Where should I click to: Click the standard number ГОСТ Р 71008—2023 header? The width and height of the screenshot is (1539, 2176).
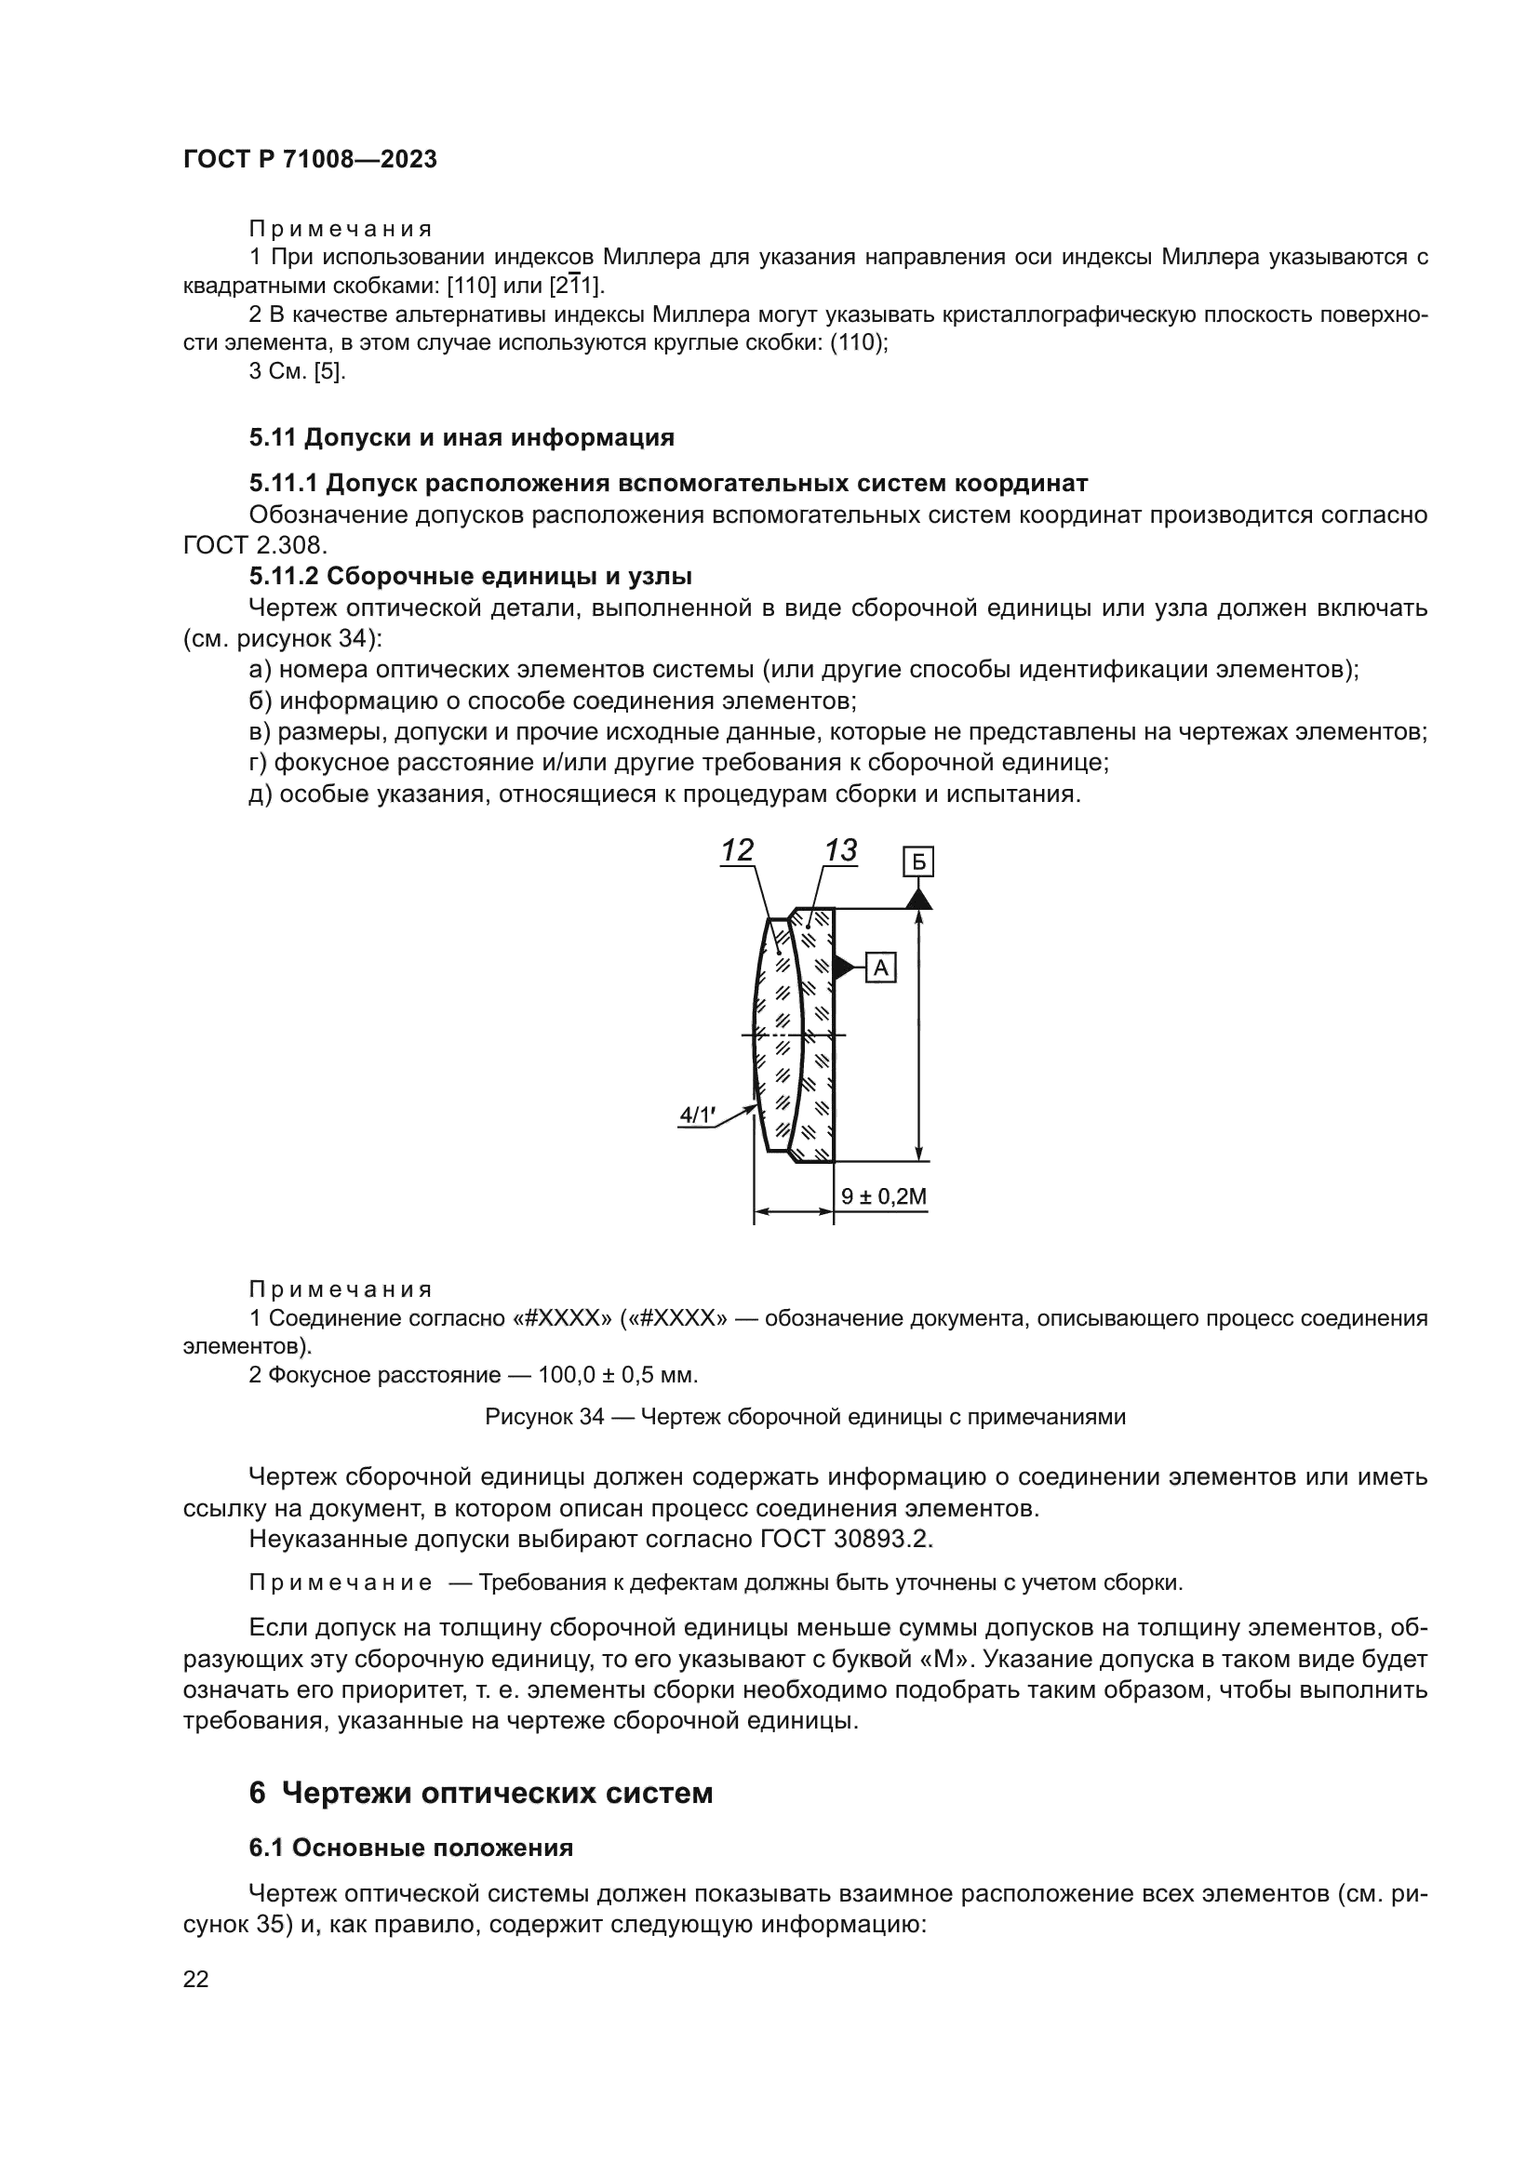(310, 159)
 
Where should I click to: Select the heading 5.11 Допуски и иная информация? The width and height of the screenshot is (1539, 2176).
(462, 437)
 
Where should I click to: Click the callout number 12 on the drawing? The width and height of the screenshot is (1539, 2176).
(737, 850)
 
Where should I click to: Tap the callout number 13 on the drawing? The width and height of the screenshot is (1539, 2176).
(840, 850)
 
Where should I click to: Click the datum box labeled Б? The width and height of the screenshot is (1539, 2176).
(918, 862)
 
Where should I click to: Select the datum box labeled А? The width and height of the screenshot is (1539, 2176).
(880, 968)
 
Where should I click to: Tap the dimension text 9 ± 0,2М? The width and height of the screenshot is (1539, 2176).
(884, 1197)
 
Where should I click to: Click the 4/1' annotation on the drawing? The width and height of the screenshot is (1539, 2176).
(697, 1115)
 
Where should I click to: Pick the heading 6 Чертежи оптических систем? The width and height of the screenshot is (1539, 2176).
(480, 1793)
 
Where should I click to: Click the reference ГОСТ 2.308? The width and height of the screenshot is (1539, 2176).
(255, 546)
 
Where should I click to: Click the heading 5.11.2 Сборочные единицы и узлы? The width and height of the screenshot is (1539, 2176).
(470, 576)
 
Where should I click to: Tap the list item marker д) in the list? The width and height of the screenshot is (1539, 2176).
(261, 794)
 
